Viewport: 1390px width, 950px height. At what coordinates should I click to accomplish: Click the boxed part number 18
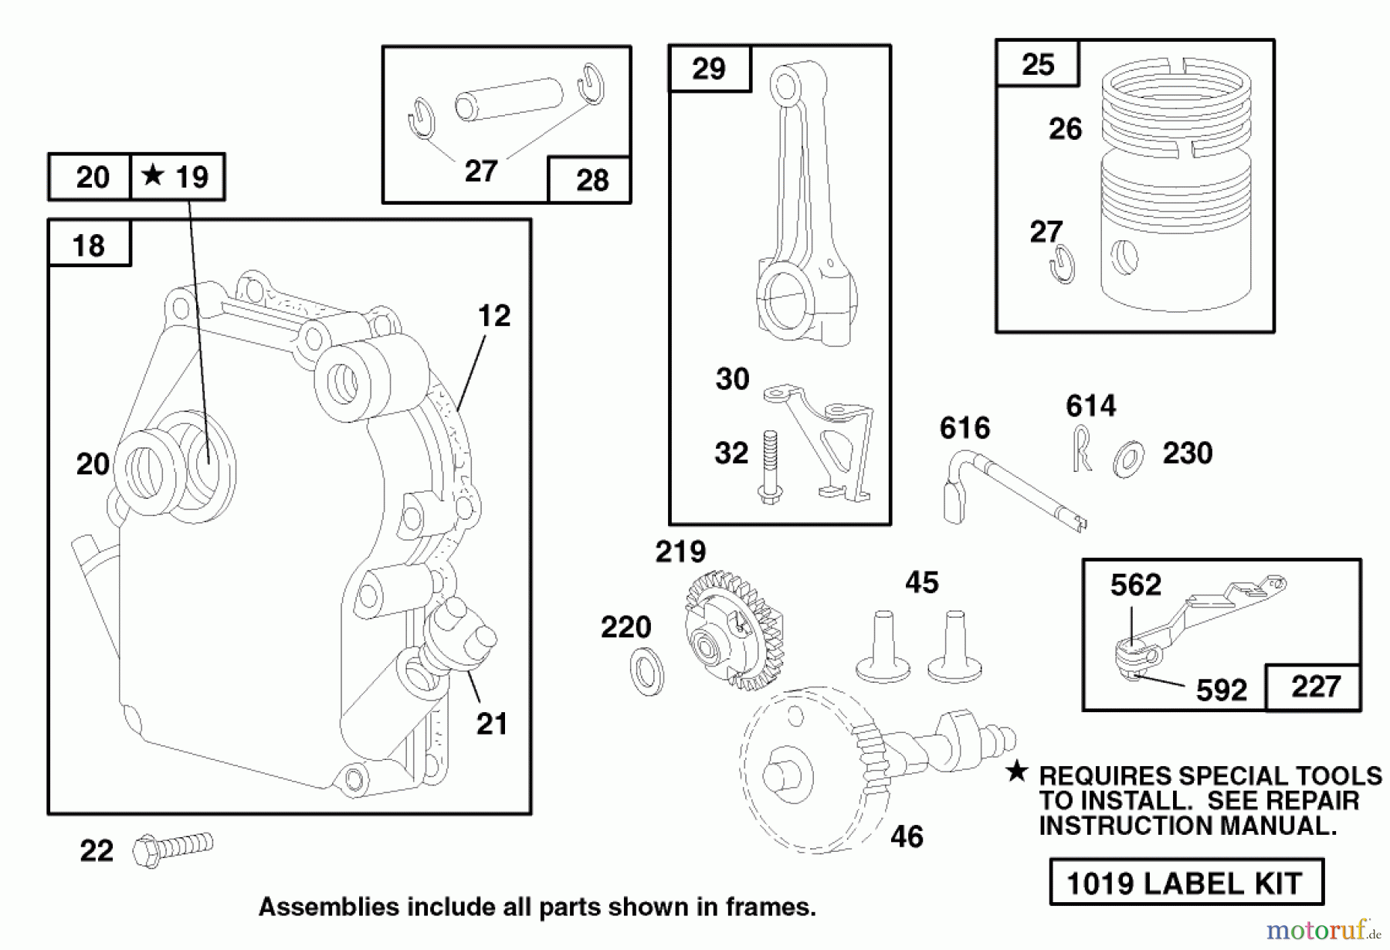click(88, 246)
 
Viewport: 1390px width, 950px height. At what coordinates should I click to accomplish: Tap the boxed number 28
click(592, 180)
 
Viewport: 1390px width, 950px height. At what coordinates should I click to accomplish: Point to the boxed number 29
click(708, 69)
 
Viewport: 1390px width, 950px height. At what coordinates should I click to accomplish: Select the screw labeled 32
click(769, 467)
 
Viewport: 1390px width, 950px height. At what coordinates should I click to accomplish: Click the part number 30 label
click(732, 379)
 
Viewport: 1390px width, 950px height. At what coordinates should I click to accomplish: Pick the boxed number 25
click(1037, 64)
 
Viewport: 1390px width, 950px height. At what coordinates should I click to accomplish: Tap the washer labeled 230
click(1129, 459)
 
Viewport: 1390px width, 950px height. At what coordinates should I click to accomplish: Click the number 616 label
click(965, 428)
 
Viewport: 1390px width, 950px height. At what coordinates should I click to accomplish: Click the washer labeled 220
click(646, 671)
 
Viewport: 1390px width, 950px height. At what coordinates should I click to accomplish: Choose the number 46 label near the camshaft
click(907, 836)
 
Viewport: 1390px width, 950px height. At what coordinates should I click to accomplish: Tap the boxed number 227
click(1315, 687)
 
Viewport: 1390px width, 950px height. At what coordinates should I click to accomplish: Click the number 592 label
click(1221, 690)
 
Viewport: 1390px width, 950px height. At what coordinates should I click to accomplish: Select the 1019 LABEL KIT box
click(1185, 882)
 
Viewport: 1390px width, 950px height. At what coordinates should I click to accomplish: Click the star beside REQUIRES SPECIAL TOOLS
click(1017, 772)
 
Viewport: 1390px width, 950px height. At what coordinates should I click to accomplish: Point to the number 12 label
click(493, 316)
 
